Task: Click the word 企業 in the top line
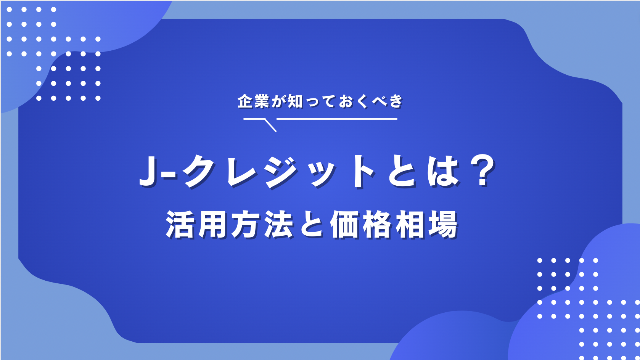(253, 102)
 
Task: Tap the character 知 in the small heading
(296, 102)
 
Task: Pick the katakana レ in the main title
(243, 172)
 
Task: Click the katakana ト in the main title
(362, 172)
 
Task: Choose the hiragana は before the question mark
(442, 172)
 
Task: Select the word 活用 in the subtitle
(197, 225)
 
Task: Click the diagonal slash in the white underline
(270, 125)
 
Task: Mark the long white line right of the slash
(337, 119)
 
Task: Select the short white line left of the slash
(254, 119)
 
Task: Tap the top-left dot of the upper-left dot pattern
(9, 10)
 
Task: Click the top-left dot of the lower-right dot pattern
(540, 260)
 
